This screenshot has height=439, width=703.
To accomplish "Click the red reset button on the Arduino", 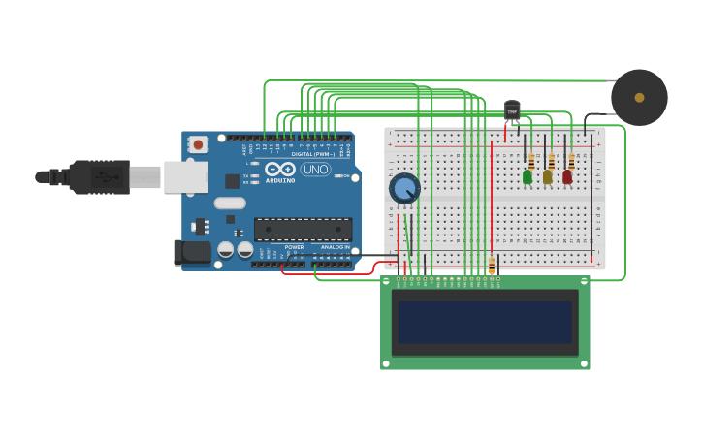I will click(x=198, y=144).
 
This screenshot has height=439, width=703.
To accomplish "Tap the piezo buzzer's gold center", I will click(x=639, y=98).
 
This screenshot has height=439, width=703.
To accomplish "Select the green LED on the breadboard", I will click(x=527, y=177).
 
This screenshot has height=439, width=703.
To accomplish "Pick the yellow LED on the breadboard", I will click(x=548, y=177).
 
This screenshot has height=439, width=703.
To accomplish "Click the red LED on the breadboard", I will click(x=567, y=177).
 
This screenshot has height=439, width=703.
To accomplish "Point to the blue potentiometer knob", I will click(x=404, y=188).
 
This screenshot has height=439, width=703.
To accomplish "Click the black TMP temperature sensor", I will click(x=512, y=110).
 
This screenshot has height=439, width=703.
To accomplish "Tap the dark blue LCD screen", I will click(x=485, y=323).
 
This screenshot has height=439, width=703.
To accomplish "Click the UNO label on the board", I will click(x=315, y=170).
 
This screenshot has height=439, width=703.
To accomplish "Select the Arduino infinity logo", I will click(x=280, y=169).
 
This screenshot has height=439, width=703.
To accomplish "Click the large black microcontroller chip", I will click(x=303, y=229).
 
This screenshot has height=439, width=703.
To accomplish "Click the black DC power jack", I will click(x=191, y=253).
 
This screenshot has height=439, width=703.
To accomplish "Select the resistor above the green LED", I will click(x=531, y=160).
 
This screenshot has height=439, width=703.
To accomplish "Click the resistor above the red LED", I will click(x=571, y=160).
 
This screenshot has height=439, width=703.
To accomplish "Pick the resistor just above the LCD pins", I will click(x=492, y=263).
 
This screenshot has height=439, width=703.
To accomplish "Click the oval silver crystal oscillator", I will click(x=230, y=204).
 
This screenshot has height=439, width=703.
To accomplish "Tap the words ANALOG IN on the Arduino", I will click(x=336, y=247).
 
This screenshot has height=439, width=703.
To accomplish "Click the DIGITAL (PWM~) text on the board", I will click(x=313, y=154).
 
